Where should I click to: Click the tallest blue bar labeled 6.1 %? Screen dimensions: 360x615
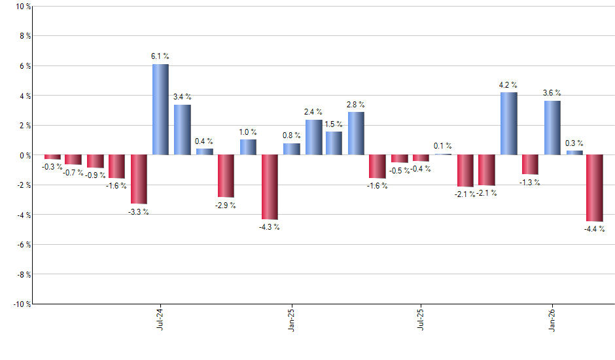click(x=160, y=109)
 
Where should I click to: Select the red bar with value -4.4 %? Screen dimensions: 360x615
click(x=594, y=188)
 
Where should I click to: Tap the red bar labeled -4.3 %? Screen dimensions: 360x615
click(x=269, y=187)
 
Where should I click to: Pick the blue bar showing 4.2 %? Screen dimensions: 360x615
click(x=508, y=124)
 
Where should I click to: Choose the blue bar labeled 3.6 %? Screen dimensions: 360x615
click(x=552, y=128)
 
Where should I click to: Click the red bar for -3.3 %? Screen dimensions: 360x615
click(x=139, y=179)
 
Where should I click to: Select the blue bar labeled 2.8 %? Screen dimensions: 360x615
click(x=356, y=134)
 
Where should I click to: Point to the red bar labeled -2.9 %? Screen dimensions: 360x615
click(x=226, y=176)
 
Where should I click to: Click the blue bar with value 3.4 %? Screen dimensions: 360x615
click(x=182, y=130)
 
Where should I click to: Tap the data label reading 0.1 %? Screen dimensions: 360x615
click(x=443, y=146)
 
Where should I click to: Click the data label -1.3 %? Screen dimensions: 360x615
click(x=530, y=183)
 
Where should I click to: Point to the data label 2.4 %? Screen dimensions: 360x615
click(x=313, y=112)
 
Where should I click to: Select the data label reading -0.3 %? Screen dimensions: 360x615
click(x=52, y=167)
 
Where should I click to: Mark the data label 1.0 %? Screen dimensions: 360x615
click(x=248, y=132)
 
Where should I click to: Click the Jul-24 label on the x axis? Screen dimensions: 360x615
click(x=160, y=319)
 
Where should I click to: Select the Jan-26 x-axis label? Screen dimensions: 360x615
click(x=552, y=319)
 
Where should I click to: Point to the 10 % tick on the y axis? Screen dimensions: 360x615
click(x=22, y=7)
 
